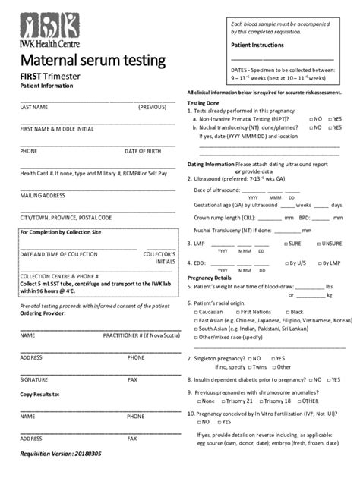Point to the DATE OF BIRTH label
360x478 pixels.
click(x=144, y=151)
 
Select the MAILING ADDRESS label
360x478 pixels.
click(x=43, y=195)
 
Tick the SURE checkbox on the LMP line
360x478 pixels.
click(x=284, y=244)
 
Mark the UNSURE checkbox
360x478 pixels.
click(x=317, y=244)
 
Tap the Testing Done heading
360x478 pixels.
click(x=204, y=102)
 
